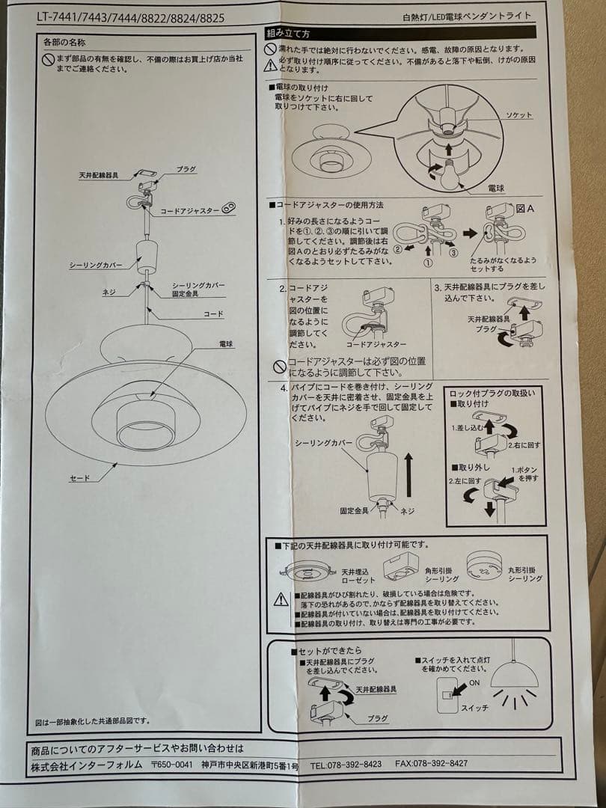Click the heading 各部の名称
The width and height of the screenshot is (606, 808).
(65, 43)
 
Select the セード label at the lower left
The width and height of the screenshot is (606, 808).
(79, 477)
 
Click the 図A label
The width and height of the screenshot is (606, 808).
(524, 209)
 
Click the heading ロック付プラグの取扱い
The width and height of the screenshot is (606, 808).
(492, 394)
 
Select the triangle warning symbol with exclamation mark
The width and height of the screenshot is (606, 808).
(281, 599)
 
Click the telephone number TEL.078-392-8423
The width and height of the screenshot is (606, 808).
(346, 764)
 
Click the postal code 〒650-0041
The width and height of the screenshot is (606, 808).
(172, 765)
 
